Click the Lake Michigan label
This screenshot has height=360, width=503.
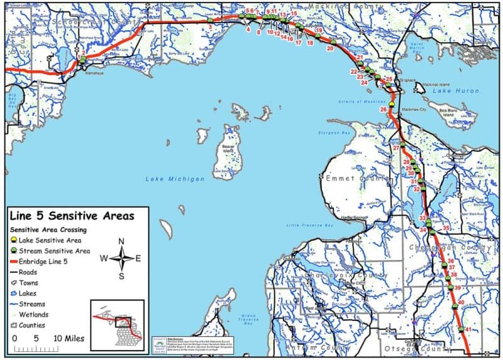[x=175, y=179]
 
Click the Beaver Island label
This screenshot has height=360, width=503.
[x=228, y=148]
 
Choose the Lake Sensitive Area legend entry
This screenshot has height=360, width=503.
[x=50, y=240]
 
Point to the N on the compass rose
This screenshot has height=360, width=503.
[x=121, y=241]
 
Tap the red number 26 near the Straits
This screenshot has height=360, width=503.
[x=384, y=110]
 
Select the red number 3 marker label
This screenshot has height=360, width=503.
[x=209, y=27]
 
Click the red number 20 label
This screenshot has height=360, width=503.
[x=330, y=48]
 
